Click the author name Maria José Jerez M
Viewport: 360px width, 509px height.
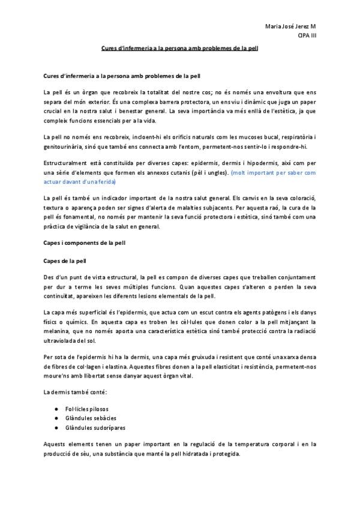tap(290, 28)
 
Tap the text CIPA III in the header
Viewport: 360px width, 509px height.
tap(307, 36)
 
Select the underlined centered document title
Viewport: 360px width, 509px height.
tap(180, 49)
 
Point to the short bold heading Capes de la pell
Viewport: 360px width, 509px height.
tap(65, 261)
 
